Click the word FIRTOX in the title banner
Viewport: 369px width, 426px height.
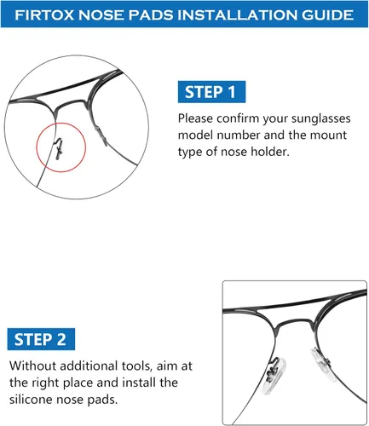44,14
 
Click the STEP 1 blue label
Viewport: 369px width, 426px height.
211,92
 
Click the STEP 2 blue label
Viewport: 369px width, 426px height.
41,339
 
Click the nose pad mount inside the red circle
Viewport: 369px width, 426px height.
59,148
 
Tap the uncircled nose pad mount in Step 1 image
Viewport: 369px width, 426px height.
101,136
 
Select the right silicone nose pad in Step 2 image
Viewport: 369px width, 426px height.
321,360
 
